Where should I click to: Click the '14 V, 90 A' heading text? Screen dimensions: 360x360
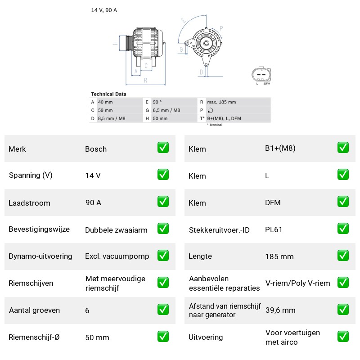coord(104,10)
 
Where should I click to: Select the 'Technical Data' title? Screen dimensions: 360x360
coord(108,94)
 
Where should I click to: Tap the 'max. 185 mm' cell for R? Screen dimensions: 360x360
coord(221,102)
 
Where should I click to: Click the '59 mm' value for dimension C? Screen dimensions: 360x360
coord(105,110)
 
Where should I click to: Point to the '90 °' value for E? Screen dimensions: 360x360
coord(157,102)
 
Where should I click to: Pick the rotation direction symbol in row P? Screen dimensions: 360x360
coord(210,110)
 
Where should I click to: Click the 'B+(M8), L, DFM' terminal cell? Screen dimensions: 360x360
coord(224,118)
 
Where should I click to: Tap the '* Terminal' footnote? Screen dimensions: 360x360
coord(215,125)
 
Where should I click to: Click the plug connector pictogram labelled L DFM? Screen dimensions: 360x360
coord(261,74)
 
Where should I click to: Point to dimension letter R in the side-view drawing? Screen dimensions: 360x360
coord(145,81)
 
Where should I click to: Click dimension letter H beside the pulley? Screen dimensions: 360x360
coord(115,43)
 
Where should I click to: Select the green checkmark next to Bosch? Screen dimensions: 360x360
coord(163,148)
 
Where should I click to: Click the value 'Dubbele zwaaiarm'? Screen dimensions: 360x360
coord(116,230)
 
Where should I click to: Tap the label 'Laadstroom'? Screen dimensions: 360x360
coord(29,203)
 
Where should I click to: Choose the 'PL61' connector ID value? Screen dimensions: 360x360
coord(274,229)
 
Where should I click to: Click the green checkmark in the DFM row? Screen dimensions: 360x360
coord(343,201)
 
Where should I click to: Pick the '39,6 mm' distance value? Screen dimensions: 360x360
coord(280,310)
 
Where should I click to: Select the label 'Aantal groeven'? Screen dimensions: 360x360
coord(35,310)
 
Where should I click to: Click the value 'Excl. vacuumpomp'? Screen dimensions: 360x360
coord(117,256)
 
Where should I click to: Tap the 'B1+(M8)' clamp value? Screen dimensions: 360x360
coord(280,148)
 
